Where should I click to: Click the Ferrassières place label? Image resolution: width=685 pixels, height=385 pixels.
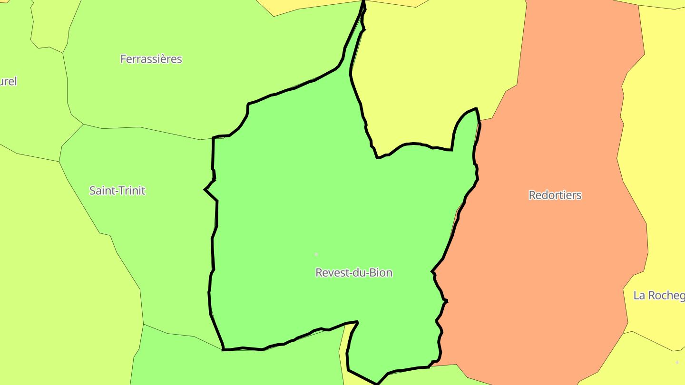coord(151,59)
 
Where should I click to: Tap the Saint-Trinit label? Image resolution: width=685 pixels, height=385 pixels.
coord(117,191)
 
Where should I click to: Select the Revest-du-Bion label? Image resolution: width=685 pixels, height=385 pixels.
coord(354,272)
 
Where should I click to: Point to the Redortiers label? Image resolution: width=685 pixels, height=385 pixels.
coord(555,195)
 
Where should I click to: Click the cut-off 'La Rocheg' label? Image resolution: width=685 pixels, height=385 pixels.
coord(659,295)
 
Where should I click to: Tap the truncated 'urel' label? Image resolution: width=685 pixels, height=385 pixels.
coord(8,81)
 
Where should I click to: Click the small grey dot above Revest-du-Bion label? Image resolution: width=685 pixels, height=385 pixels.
coord(316,254)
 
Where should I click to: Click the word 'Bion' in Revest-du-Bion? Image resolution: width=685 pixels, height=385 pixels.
coord(382,272)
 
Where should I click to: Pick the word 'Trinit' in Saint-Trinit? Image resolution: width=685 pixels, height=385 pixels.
coord(131,191)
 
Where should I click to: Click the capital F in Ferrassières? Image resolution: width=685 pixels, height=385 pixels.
coord(123,59)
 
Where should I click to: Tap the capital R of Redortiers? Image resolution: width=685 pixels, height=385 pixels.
coord(532,195)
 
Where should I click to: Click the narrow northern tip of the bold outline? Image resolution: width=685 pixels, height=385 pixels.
coord(364,6)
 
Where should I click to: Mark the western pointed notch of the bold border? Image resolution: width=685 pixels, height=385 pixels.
coord(205,190)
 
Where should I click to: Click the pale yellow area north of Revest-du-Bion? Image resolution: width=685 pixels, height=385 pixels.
coord(428,71)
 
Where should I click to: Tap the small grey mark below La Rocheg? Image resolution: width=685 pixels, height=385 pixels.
coord(677,362)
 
